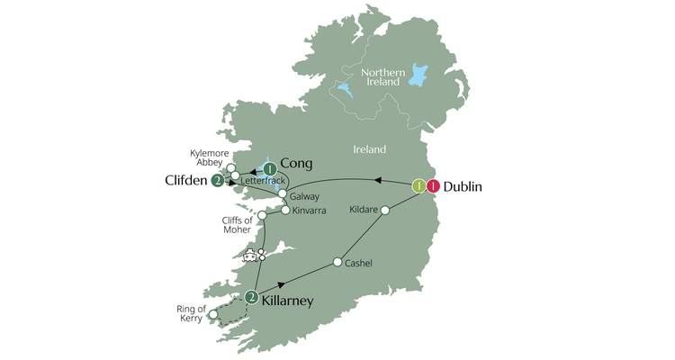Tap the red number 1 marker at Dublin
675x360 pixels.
[434, 187]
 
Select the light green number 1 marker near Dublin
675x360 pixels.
[418, 187]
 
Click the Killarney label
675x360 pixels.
[287, 301]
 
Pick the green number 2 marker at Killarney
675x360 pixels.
[252, 298]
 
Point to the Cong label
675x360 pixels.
[296, 163]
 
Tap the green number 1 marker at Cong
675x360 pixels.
[269, 168]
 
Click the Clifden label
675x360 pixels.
[187, 180]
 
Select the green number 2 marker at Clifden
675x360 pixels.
[218, 181]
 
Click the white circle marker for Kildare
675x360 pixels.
[385, 211]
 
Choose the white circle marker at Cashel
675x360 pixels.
[337, 263]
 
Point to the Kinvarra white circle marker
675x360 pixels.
[284, 211]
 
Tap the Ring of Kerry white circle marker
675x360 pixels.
[213, 315]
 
